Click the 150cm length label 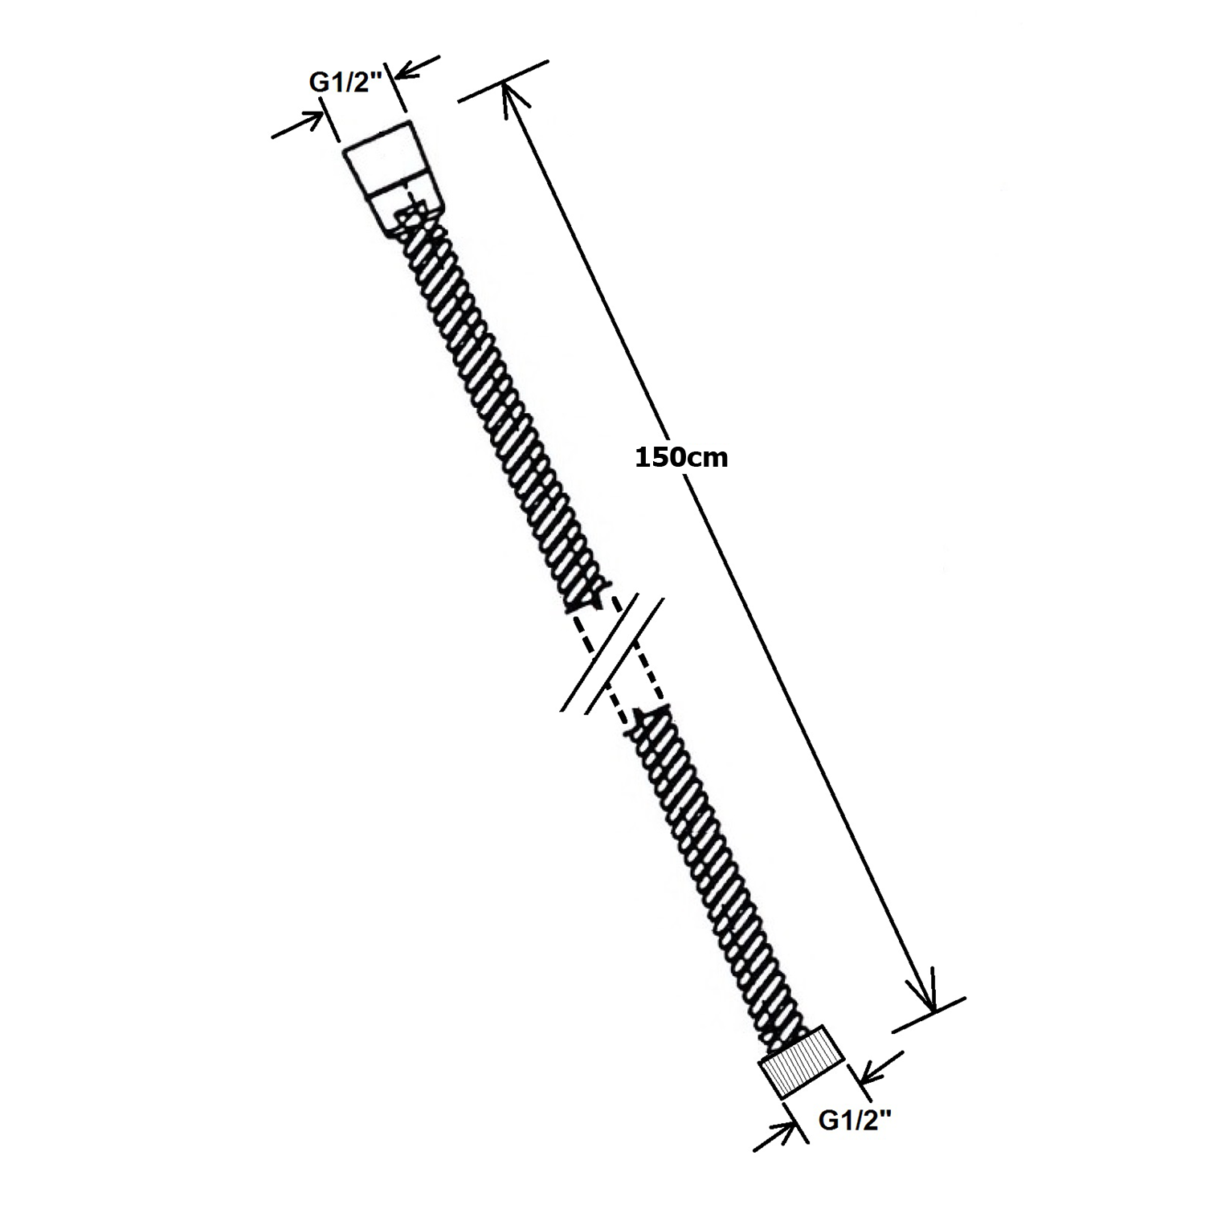pos(681,458)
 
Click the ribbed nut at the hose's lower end pos(802,1062)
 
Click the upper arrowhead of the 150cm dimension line pos(513,101)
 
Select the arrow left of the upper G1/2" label pos(297,125)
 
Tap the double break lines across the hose pos(612,655)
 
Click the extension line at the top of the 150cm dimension pos(503,80)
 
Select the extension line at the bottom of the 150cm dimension pos(929,1014)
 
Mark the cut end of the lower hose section pos(651,713)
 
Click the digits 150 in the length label pos(658,458)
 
